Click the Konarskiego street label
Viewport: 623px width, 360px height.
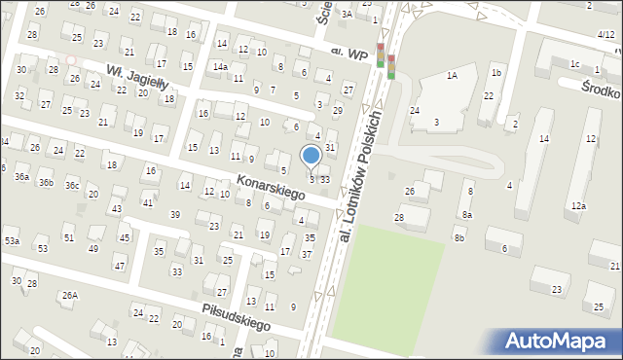pyautogui.click(x=271, y=189)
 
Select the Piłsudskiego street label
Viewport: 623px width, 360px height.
pyautogui.click(x=236, y=317)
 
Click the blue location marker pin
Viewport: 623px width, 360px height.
pyautogui.click(x=311, y=157)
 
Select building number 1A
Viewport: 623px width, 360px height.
pyautogui.click(x=452, y=75)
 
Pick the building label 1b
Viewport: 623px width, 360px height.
pyautogui.click(x=496, y=73)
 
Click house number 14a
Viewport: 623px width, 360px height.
pyautogui.click(x=221, y=66)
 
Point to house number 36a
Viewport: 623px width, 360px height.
pyautogui.click(x=21, y=176)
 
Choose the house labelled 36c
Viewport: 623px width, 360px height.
pyautogui.click(x=72, y=185)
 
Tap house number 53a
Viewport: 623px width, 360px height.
pyautogui.click(x=12, y=239)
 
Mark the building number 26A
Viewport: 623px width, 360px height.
pyautogui.click(x=70, y=295)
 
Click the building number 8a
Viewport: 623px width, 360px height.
pyautogui.click(x=467, y=215)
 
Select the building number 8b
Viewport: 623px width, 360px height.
pyautogui.click(x=458, y=236)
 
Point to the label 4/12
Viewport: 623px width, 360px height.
pyautogui.click(x=605, y=35)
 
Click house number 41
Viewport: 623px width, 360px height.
pyautogui.click(x=147, y=202)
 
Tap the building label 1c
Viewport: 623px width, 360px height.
pyautogui.click(x=574, y=65)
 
